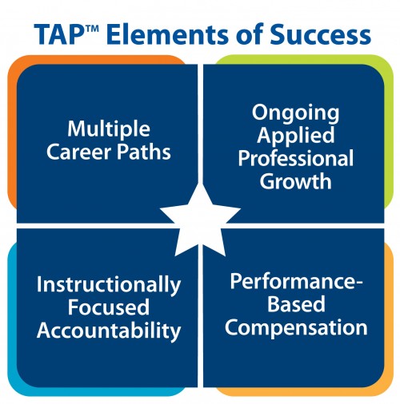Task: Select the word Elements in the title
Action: (167, 34)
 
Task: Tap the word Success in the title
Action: (320, 34)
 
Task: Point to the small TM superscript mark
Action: (91, 28)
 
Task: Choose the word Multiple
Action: (109, 129)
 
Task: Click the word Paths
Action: (144, 152)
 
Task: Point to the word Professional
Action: (296, 158)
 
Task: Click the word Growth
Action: (295, 181)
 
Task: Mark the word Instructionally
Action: (109, 285)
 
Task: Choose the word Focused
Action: (109, 307)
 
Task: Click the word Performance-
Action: (296, 282)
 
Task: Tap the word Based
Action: (296, 304)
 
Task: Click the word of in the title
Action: (249, 34)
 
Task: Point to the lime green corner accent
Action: (388, 128)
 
